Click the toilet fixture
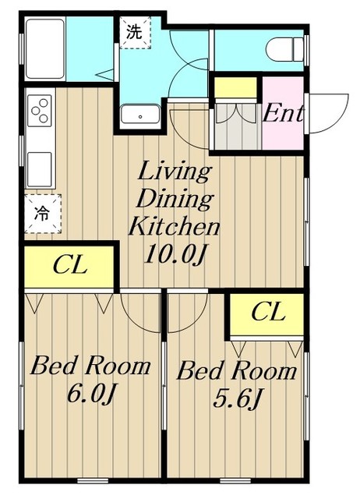click(x=284, y=50)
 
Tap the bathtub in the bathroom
click(x=45, y=48)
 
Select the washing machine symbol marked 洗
click(x=135, y=32)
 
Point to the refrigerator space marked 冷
click(x=43, y=213)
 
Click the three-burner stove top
click(x=40, y=111)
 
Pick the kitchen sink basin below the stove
click(x=40, y=169)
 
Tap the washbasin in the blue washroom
click(x=140, y=115)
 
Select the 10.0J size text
click(x=175, y=254)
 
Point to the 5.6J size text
click(x=237, y=398)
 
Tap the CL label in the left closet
click(x=70, y=265)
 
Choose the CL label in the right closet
click(x=268, y=312)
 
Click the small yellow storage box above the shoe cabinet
click(x=235, y=87)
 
